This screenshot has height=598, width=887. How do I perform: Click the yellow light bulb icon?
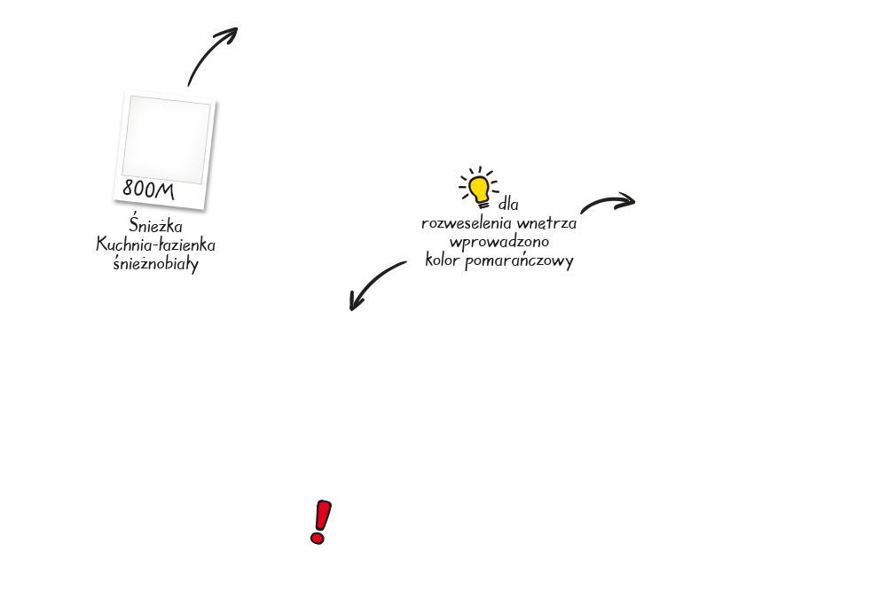pyautogui.click(x=479, y=188)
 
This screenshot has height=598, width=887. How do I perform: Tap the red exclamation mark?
pyautogui.click(x=321, y=522)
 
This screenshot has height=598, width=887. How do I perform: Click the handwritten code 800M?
pyautogui.click(x=148, y=190)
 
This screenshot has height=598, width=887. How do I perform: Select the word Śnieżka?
pyautogui.click(x=155, y=224)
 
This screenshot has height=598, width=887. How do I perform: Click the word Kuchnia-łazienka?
pyautogui.click(x=155, y=245)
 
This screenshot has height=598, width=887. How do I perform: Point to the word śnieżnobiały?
pyautogui.click(x=155, y=263)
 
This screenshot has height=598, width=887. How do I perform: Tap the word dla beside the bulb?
pyautogui.click(x=508, y=204)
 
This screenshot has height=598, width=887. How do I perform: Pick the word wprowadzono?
pyautogui.click(x=498, y=242)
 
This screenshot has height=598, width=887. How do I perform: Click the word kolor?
pyautogui.click(x=442, y=260)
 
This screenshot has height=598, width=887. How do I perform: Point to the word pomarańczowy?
pyautogui.click(x=519, y=261)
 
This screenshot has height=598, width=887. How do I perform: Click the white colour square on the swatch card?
pyautogui.click(x=167, y=139)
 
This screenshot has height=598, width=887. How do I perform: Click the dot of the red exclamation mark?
pyautogui.click(x=318, y=537)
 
